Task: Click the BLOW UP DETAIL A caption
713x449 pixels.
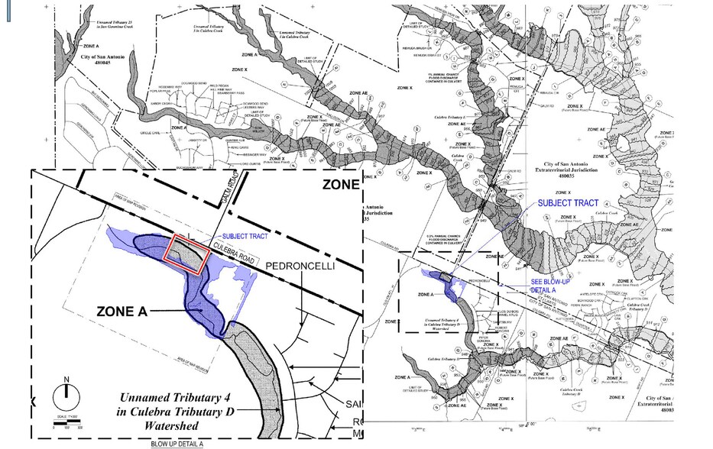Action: tap(177, 444)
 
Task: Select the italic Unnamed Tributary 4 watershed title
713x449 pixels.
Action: tap(177, 410)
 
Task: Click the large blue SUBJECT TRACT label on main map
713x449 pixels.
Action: tap(568, 203)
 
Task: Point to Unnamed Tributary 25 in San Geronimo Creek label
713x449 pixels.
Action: tap(115, 26)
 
